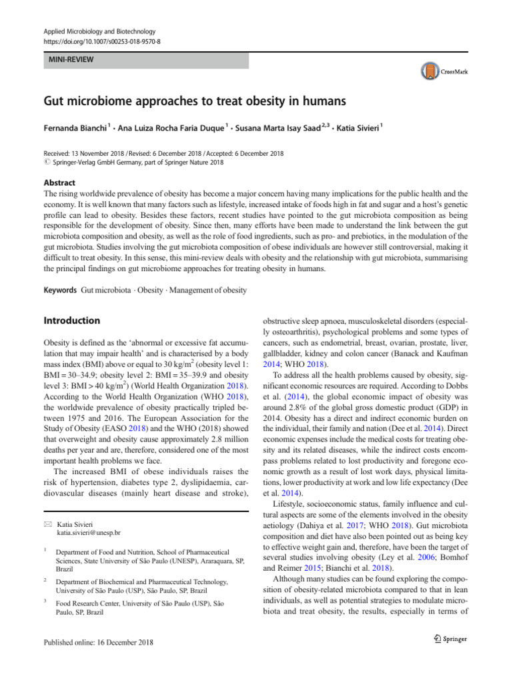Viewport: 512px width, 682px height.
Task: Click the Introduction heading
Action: coord(72,320)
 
